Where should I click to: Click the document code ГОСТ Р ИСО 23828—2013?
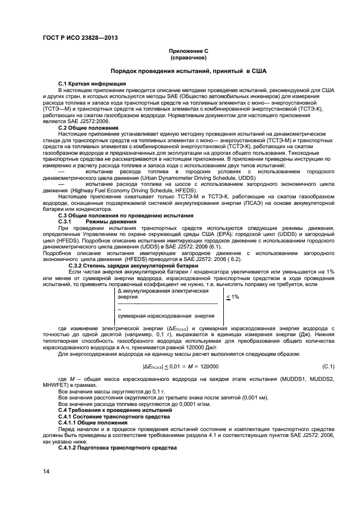pyautogui.click(x=81, y=38)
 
